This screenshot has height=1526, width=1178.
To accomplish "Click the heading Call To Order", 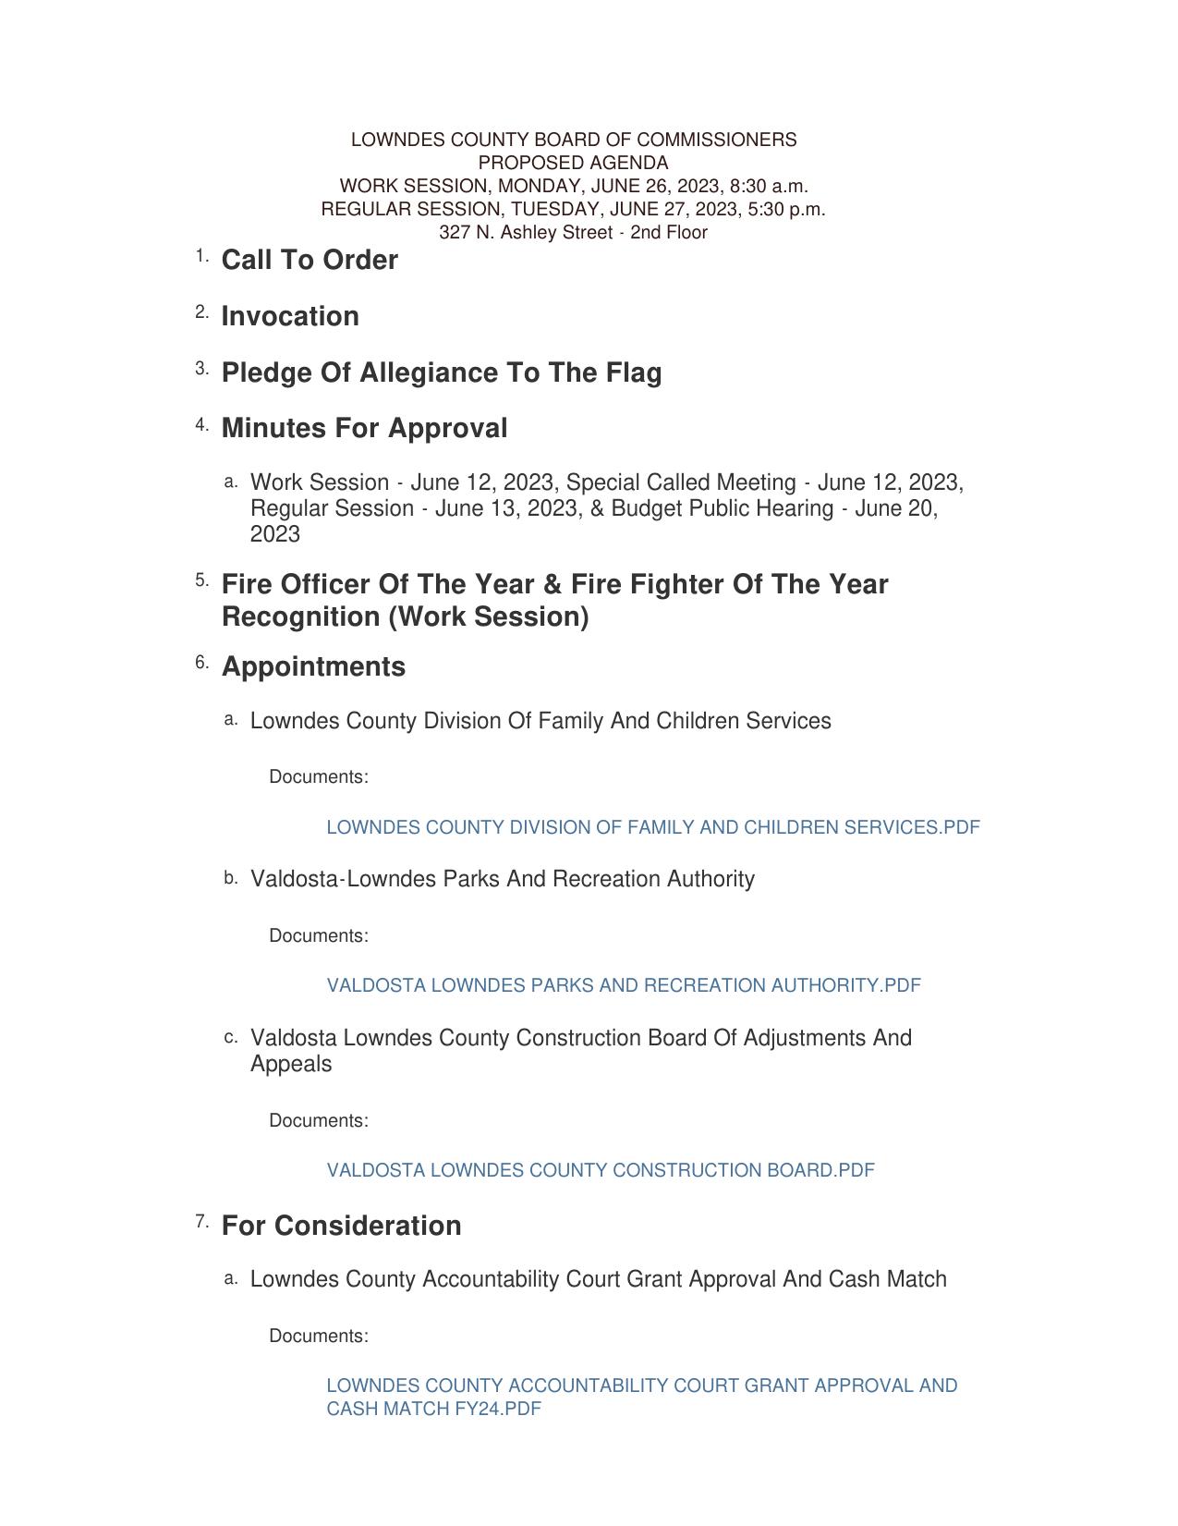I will (310, 261).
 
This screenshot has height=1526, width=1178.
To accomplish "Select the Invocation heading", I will (290, 317).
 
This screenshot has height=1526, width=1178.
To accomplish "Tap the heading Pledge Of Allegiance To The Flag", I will (442, 373).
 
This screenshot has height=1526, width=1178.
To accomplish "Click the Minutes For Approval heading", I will (364, 429).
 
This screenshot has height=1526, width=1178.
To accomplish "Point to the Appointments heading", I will (313, 667).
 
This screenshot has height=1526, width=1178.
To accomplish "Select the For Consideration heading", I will (341, 1227).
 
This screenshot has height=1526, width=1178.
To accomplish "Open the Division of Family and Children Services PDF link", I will (652, 828).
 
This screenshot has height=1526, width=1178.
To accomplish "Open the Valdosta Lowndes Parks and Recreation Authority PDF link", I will (624, 986).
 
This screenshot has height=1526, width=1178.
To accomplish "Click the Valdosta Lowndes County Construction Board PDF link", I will (600, 1171).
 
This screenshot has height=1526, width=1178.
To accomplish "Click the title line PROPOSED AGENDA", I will (573, 164).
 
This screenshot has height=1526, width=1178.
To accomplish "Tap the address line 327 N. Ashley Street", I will (573, 233).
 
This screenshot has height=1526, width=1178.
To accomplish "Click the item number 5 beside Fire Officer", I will (201, 581).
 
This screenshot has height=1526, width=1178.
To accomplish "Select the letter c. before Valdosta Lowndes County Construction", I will (231, 1038).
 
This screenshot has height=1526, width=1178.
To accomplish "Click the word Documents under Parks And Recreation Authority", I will (318, 936).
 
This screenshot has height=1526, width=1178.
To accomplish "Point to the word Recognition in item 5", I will (301, 617).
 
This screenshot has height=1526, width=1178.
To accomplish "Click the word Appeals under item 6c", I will (290, 1065).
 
